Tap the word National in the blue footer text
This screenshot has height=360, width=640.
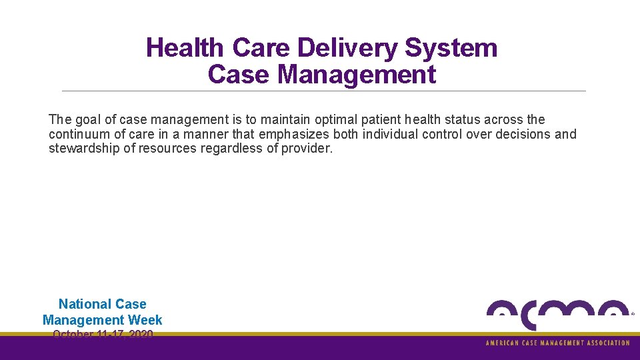[x=83, y=305]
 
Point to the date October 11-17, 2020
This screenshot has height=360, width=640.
[x=103, y=334]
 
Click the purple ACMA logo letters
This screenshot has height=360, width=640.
[x=557, y=313]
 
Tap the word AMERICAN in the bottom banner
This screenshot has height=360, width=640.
[x=504, y=343]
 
